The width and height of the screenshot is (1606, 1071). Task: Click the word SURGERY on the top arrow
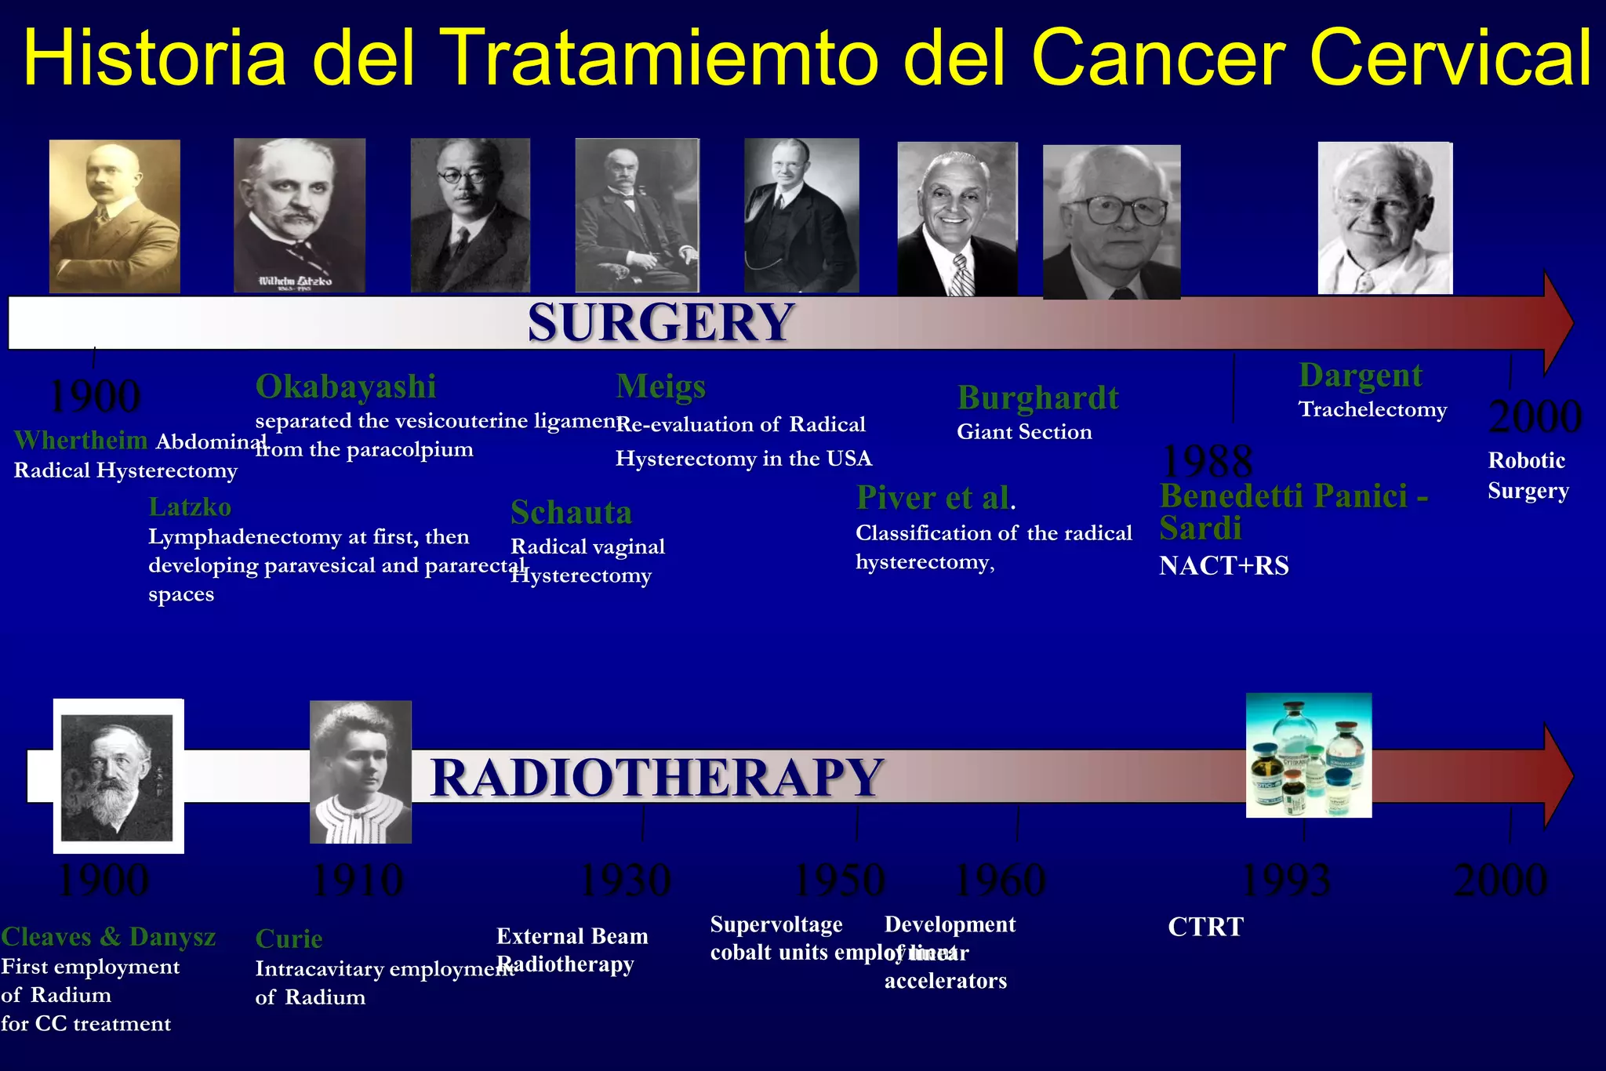click(660, 322)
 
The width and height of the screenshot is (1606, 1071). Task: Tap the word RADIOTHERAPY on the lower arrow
click(657, 777)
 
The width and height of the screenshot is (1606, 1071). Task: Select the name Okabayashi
click(346, 387)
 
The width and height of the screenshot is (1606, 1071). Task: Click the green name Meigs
click(661, 387)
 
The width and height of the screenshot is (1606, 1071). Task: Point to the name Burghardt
click(1037, 398)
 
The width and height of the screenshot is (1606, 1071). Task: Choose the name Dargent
click(1361, 376)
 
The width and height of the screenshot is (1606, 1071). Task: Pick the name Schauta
click(571, 513)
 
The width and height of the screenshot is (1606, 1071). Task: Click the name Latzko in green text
click(190, 507)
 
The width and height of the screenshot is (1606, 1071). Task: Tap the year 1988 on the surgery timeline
click(1206, 460)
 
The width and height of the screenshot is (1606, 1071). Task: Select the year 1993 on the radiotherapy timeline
click(1287, 880)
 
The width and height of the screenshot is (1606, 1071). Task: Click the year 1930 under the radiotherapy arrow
click(625, 880)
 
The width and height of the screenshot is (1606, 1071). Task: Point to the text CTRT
click(1205, 927)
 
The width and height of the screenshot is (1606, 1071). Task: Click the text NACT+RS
click(1224, 565)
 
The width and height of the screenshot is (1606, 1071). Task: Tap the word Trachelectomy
click(1372, 409)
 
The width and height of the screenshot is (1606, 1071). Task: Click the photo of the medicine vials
click(1308, 755)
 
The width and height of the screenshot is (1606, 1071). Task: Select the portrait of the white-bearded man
click(118, 776)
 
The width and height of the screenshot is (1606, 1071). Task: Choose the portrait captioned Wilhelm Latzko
click(300, 215)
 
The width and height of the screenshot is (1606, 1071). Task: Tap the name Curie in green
click(289, 938)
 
